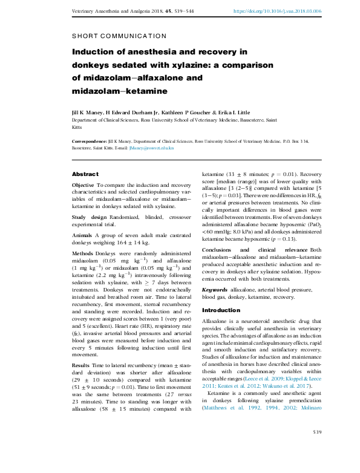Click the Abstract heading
tap(85, 174)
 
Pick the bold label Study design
tap(89, 217)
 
